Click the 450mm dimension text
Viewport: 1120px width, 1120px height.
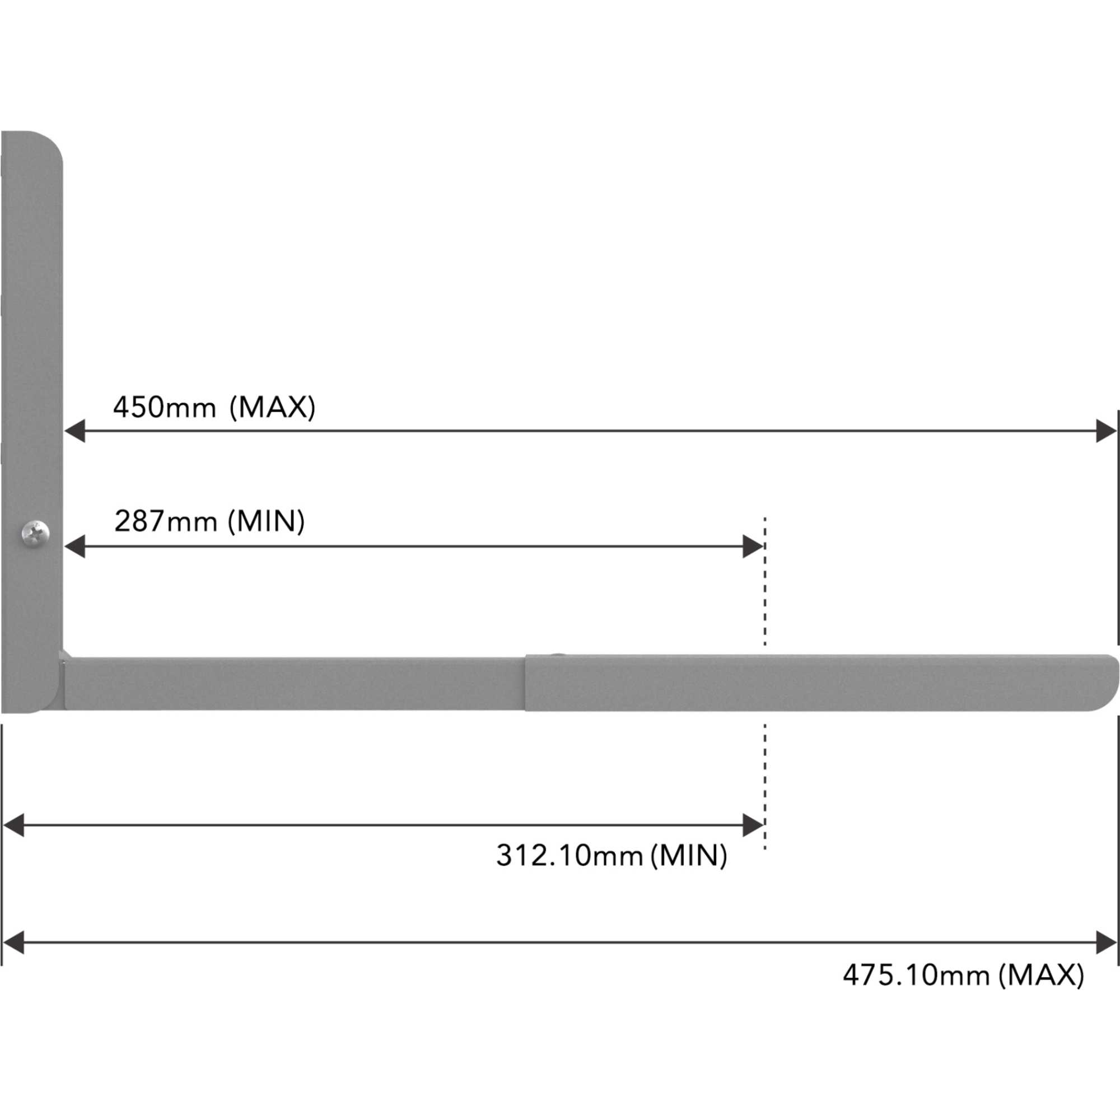click(164, 407)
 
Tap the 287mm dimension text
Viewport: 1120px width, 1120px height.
click(165, 521)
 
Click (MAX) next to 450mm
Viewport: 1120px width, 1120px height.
click(273, 407)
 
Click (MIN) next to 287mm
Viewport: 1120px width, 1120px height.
click(266, 521)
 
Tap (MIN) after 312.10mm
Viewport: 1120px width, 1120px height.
click(689, 855)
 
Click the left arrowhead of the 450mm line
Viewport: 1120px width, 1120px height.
click(75, 431)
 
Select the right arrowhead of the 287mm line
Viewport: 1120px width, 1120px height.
click(752, 547)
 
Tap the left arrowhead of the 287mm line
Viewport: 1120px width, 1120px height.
click(75, 547)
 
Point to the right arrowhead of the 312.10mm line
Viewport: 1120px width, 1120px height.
click(752, 825)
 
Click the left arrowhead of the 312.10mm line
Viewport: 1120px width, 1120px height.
click(14, 825)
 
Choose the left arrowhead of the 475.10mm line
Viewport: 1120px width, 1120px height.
click(14, 942)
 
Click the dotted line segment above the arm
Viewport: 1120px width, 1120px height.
click(765, 580)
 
